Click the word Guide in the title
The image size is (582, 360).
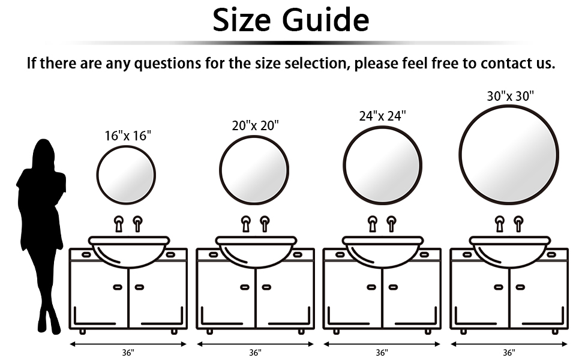[x=326, y=20]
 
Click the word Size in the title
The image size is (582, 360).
[x=242, y=20]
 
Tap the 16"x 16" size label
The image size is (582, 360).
[x=128, y=136]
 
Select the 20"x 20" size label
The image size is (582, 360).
[x=256, y=126]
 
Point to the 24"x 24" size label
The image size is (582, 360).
[x=382, y=116]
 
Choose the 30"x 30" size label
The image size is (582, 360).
[x=511, y=96]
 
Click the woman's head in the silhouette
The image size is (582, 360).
[x=43, y=153]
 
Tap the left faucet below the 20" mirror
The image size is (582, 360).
[x=246, y=224]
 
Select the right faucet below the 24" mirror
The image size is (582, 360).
[x=391, y=224]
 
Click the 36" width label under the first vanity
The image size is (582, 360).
[x=128, y=352]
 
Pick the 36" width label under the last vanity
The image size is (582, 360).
[x=509, y=352]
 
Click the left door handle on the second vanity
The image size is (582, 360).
[x=245, y=287]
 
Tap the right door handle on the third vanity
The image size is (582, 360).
[x=393, y=287]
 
